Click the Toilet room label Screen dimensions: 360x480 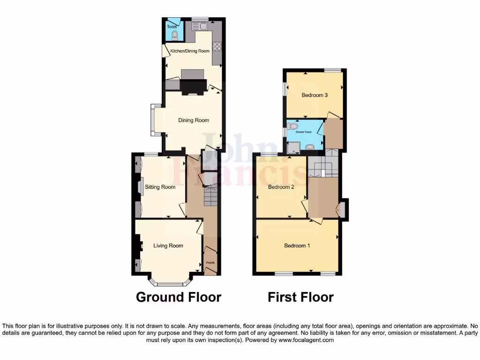point(172,27)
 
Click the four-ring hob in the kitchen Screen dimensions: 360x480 point(217,46)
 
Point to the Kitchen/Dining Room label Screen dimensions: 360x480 point(190,51)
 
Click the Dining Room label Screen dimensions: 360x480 point(194,120)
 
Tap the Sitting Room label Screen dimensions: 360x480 point(160,187)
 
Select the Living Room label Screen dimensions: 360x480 point(168,246)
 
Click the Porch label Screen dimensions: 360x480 point(210,262)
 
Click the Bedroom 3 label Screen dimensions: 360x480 point(315,95)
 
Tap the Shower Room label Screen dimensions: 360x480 point(303,132)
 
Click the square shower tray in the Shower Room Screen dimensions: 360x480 point(292,148)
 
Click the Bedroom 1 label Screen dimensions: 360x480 point(297,246)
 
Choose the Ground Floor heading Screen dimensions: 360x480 point(178,297)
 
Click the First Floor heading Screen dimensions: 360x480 point(300,297)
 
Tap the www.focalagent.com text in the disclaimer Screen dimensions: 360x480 point(306,340)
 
